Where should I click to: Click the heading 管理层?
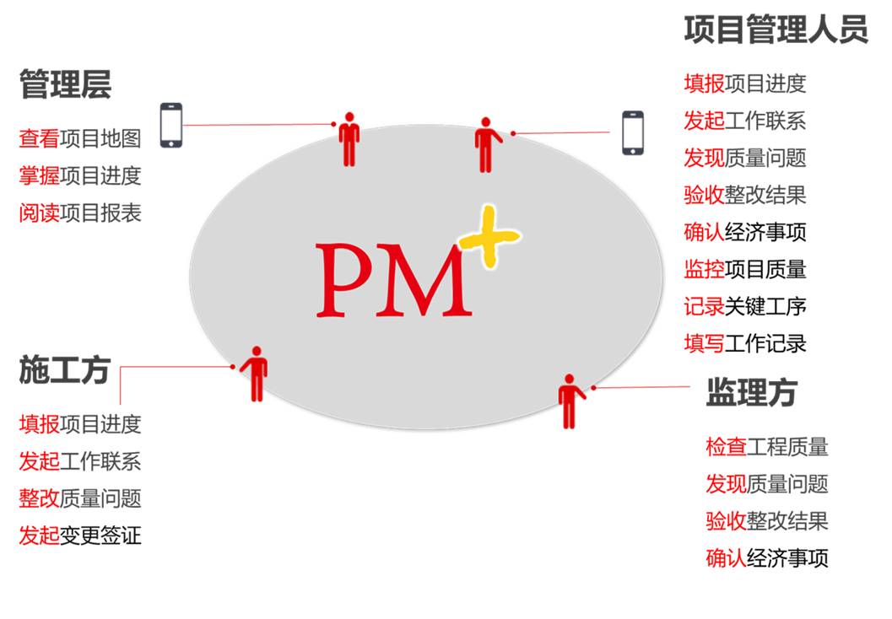point(65,85)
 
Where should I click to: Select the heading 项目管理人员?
point(775,30)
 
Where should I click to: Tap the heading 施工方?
point(65,370)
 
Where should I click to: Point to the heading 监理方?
point(751,392)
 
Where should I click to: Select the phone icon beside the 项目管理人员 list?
point(635,134)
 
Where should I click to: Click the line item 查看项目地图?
point(80,138)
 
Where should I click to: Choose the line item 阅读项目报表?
point(80,213)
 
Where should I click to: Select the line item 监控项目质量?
point(744,270)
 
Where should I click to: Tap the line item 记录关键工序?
point(744,307)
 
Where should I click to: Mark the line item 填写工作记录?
point(744,344)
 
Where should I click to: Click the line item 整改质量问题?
point(80,498)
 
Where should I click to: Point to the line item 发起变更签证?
point(80,536)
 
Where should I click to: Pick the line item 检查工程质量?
point(766,447)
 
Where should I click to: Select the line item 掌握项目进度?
point(80,176)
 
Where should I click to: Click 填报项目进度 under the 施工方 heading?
point(80,424)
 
